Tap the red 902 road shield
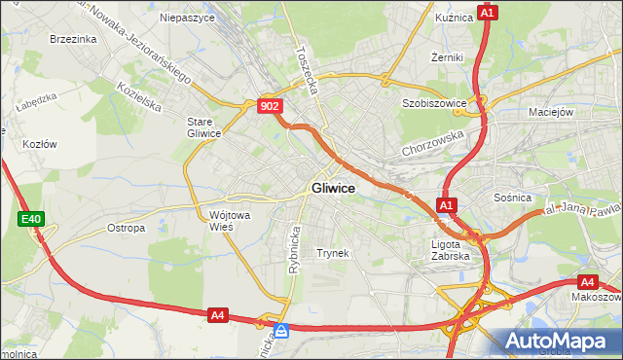pyautogui.click(x=272, y=106)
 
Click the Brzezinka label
pyautogui.click(x=72, y=39)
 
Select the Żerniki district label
pyautogui.click(x=447, y=57)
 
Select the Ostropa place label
pyautogui.click(x=126, y=228)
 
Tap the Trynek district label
pyautogui.click(x=332, y=253)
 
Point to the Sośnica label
pyautogui.click(x=512, y=198)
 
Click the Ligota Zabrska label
pyautogui.click(x=450, y=250)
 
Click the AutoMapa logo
pyautogui.click(x=558, y=341)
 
